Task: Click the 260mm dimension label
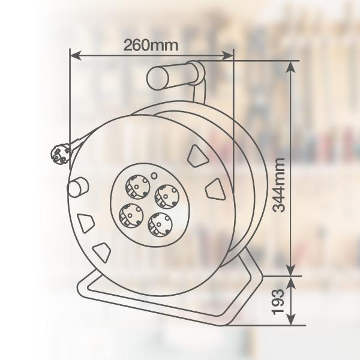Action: coord(151,45)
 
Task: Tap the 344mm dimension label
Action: coord(278,185)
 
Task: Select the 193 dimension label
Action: coord(278,302)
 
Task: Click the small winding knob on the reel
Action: coord(77,187)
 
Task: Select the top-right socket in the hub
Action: coord(167,196)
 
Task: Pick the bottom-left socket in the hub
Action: coord(131,216)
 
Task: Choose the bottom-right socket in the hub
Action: coord(160,225)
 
